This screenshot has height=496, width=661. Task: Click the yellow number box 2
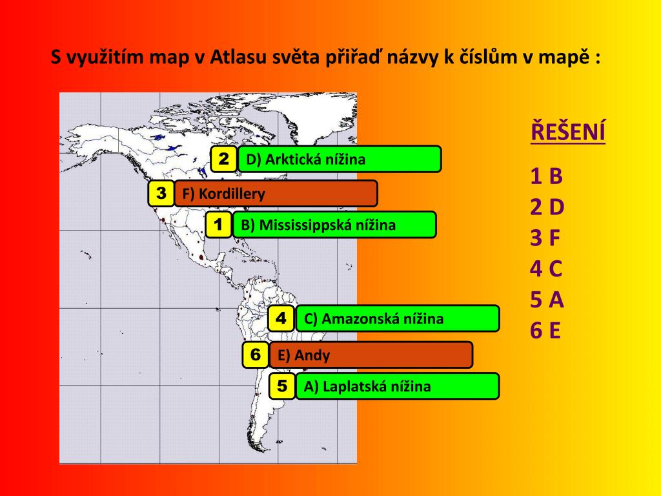pyautogui.click(x=224, y=159)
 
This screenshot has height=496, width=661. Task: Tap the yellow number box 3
pyautogui.click(x=161, y=193)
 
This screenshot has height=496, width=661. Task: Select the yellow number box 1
pyautogui.click(x=219, y=225)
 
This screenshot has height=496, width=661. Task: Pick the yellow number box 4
pyautogui.click(x=281, y=318)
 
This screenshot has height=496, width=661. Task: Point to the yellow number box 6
pyautogui.click(x=256, y=355)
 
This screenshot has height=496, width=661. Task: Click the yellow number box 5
pyautogui.click(x=282, y=386)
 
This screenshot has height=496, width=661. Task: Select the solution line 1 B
pyautogui.click(x=547, y=176)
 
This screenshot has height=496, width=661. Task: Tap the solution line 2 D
pyautogui.click(x=547, y=207)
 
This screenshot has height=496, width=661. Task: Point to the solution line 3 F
pyautogui.click(x=545, y=238)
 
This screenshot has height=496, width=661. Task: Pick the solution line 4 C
pyautogui.click(x=547, y=268)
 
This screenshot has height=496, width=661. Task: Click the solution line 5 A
pyautogui.click(x=547, y=300)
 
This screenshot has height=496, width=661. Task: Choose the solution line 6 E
pyautogui.click(x=545, y=331)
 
